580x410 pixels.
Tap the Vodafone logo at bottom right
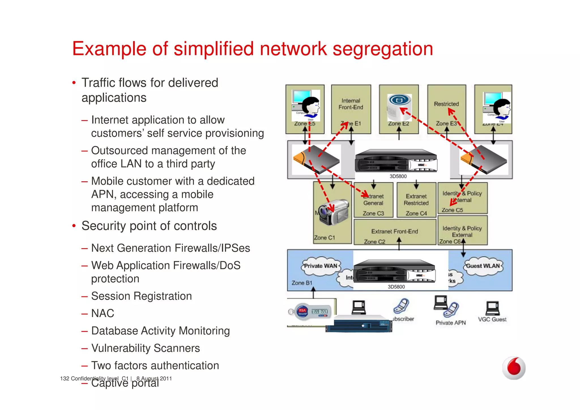[x=514, y=368]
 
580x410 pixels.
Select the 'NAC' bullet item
[x=103, y=313]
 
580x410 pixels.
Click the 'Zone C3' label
[x=373, y=213]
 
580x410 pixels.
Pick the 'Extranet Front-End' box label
[x=395, y=231]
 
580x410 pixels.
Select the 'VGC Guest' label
[x=492, y=319]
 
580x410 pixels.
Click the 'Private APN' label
[x=451, y=323]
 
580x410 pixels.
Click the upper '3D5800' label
[x=398, y=176]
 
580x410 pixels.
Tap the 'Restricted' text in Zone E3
[x=446, y=104]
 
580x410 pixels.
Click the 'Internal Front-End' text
[x=351, y=104]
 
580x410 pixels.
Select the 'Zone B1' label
[x=302, y=283]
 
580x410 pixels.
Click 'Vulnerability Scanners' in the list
[x=146, y=348]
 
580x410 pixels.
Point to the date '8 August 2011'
[x=154, y=379]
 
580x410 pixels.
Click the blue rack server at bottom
[x=359, y=324]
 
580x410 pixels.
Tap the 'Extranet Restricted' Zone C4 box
[x=416, y=200]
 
